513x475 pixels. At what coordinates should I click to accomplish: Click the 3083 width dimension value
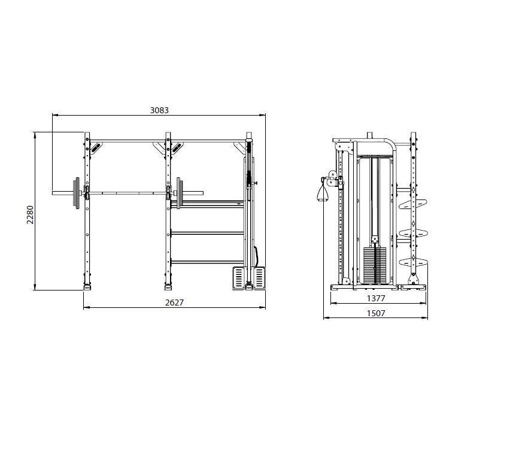(159, 110)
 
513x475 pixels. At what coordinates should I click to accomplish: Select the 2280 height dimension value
(30, 214)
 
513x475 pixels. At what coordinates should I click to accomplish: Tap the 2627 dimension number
(174, 302)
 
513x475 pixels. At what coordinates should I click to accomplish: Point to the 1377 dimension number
(376, 298)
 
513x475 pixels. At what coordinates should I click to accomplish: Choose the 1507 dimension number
(376, 313)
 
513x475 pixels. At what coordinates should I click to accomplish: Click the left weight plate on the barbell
(77, 193)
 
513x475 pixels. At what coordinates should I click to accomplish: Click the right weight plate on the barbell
(179, 193)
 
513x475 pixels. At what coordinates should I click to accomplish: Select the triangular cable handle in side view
(322, 192)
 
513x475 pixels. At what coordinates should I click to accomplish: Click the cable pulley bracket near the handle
(330, 177)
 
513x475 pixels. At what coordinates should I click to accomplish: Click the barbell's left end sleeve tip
(54, 193)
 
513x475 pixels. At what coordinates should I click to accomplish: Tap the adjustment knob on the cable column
(256, 183)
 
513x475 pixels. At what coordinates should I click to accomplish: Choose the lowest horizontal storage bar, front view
(208, 261)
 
